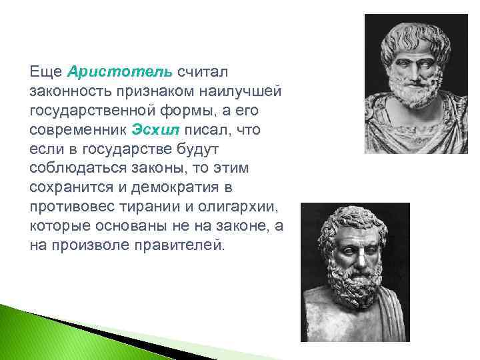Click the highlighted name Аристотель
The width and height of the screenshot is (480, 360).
tap(120, 71)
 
